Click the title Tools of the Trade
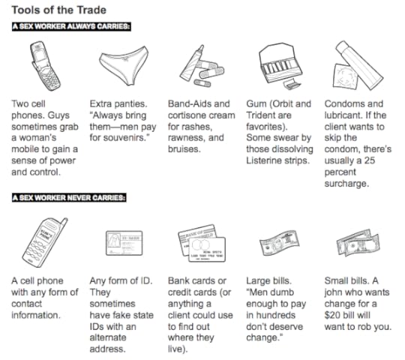59,10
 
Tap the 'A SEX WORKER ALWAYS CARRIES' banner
71,26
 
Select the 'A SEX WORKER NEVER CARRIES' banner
69,198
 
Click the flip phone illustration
45,66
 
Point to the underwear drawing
124,65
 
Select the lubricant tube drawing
359,65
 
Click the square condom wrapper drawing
345,76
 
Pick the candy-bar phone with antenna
44,242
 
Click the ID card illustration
124,243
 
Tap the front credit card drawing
208,250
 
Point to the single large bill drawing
280,243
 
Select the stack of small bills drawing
358,243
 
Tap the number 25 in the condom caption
369,160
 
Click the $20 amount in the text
332,315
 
